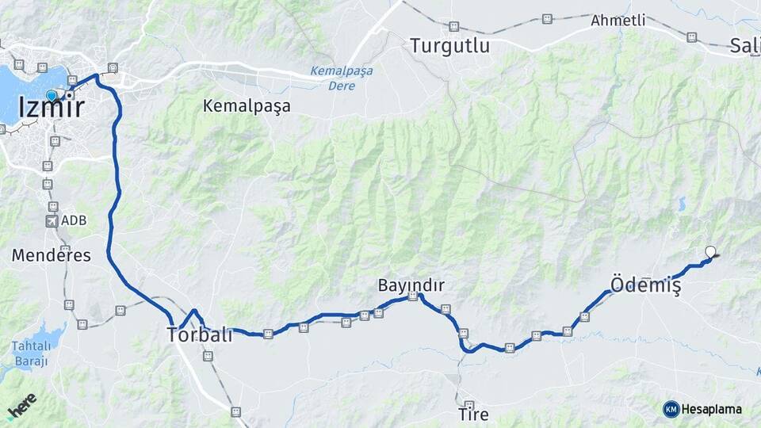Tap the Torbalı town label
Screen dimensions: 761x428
coord(200,334)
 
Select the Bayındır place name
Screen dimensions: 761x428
coord(411,285)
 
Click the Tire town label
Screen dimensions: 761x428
coord(473,415)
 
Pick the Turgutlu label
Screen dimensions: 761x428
coord(449,46)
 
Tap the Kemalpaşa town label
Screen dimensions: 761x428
coord(247,105)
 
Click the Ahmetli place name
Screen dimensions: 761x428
coord(618,21)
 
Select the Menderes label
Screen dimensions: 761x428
coord(51,255)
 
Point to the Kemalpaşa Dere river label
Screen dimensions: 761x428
coord(341,77)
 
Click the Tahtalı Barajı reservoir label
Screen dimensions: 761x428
coord(30,353)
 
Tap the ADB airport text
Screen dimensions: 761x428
coord(73,220)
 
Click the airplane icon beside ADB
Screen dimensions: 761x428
coord(52,220)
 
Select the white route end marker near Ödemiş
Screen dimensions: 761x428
coord(710,253)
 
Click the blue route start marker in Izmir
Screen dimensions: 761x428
coord(52,95)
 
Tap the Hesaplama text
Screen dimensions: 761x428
coord(712,409)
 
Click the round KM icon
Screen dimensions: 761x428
coord(671,409)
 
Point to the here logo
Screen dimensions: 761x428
coord(21,406)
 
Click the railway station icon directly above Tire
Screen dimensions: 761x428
coord(469,404)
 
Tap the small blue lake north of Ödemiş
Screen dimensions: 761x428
coord(682,203)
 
